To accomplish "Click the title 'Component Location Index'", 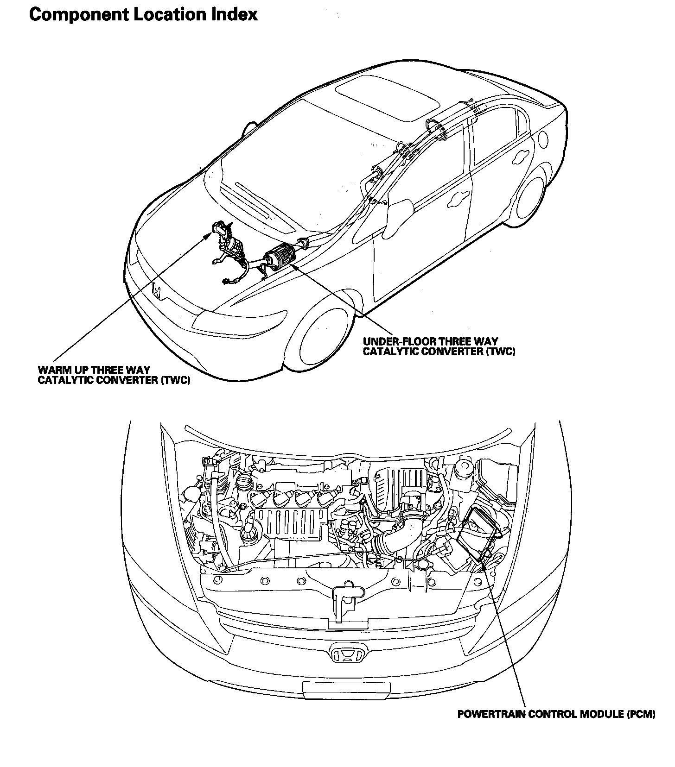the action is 143,15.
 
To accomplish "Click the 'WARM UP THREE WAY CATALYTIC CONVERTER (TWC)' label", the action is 114,375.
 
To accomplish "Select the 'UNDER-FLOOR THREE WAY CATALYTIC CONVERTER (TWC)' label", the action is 439,346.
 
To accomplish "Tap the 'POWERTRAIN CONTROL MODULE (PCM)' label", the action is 556,714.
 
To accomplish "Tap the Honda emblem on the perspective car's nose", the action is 158,291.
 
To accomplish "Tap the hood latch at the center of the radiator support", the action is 344,594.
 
